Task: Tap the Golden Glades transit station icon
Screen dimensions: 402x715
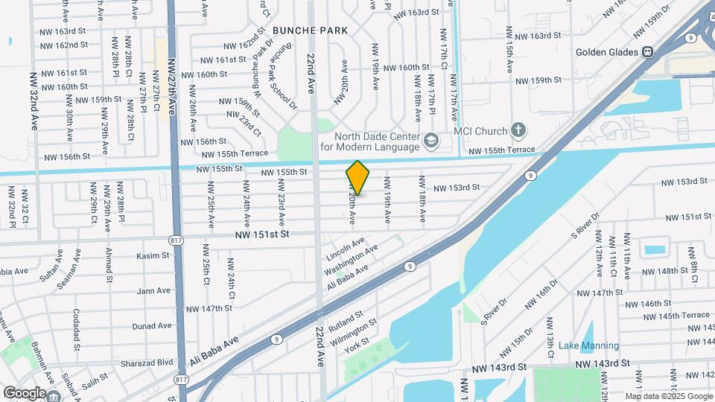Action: pyautogui.click(x=648, y=52)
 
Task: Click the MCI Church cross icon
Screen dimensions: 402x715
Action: pyautogui.click(x=518, y=131)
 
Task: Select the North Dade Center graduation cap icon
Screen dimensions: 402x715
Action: pyautogui.click(x=430, y=141)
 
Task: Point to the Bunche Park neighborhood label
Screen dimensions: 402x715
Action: pyautogui.click(x=310, y=31)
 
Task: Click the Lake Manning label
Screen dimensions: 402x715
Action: pyautogui.click(x=588, y=345)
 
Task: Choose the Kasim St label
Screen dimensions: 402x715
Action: pyautogui.click(x=154, y=255)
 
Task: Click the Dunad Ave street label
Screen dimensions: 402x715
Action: pyautogui.click(x=152, y=326)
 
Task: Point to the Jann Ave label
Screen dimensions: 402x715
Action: pyautogui.click(x=154, y=291)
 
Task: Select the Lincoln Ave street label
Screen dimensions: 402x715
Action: pyautogui.click(x=346, y=249)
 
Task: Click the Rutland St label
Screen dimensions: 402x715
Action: pyautogui.click(x=344, y=315)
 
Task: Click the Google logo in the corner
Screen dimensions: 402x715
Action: pyautogui.click(x=25, y=392)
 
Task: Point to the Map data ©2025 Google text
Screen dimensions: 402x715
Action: pyautogui.click(x=668, y=396)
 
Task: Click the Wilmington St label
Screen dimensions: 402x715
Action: pyautogui.click(x=353, y=328)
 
